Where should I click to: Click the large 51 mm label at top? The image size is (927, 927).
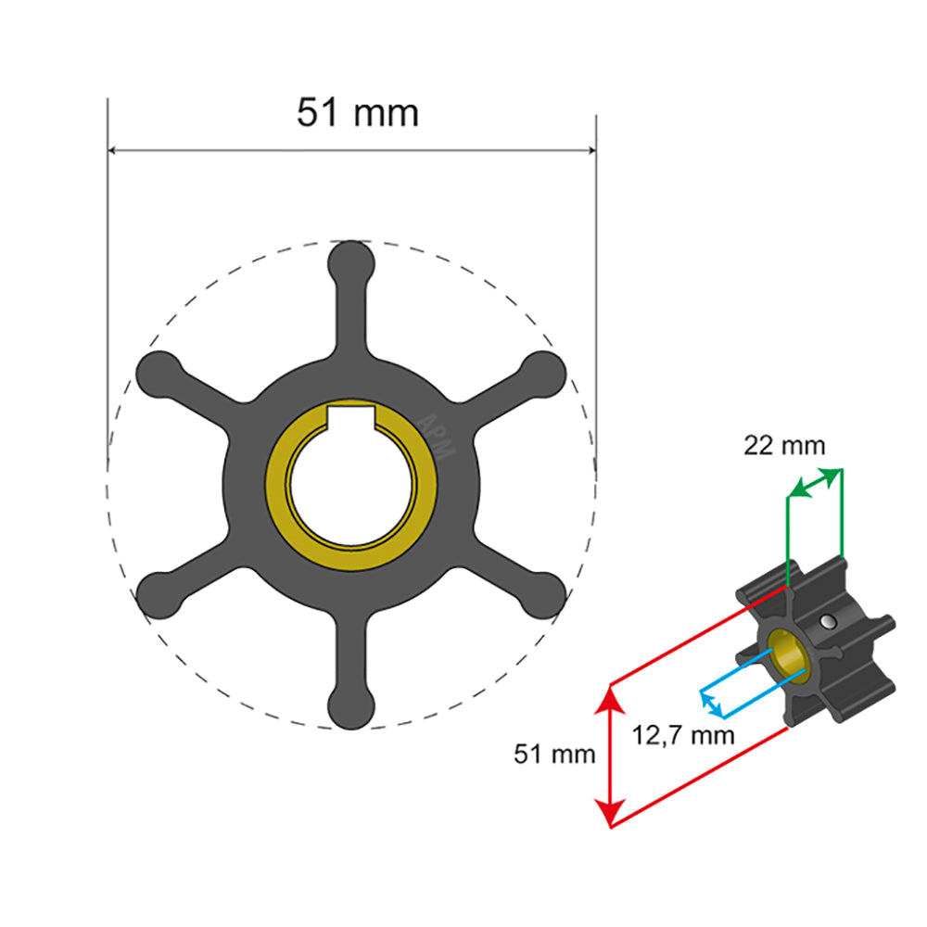(357, 112)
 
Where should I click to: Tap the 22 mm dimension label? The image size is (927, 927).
(784, 446)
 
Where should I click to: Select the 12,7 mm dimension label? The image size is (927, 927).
(684, 736)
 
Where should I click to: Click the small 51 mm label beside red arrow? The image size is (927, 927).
(554, 754)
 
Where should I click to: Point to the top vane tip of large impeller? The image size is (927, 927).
(352, 260)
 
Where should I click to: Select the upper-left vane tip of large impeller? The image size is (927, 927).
(159, 373)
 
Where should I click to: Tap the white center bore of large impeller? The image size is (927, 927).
(352, 487)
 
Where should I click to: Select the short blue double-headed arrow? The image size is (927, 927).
(711, 704)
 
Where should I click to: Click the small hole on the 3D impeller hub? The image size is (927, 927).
(825, 621)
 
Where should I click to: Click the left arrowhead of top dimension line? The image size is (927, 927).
(115, 149)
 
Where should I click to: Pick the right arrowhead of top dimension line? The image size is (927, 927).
(590, 149)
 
